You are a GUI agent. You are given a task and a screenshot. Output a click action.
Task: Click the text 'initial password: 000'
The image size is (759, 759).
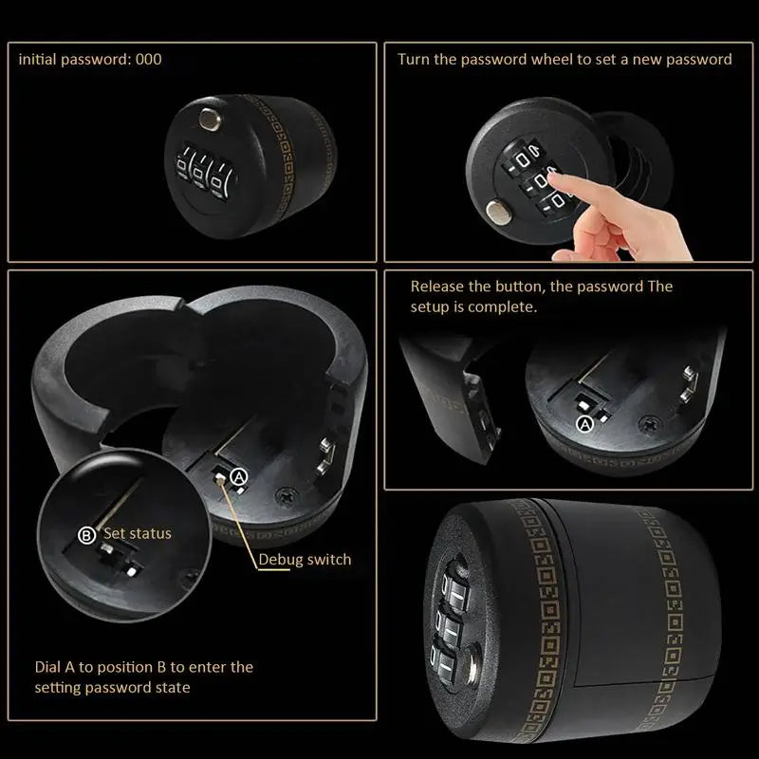[90, 59]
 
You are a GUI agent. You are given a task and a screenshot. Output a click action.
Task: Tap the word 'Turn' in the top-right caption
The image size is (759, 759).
[414, 59]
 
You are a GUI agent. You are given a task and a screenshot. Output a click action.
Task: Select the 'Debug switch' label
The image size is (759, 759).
[305, 559]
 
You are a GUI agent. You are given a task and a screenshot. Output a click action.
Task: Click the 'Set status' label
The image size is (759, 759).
[138, 533]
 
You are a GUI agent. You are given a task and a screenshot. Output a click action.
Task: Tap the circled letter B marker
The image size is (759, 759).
[86, 535]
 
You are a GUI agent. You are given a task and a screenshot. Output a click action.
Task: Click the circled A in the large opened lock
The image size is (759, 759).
[239, 473]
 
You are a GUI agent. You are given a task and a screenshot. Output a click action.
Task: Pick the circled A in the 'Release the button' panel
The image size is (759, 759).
[584, 424]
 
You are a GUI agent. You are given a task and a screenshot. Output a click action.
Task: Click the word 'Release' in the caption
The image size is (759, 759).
[437, 287]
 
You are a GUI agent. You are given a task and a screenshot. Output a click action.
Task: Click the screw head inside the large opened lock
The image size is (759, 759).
[284, 494]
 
